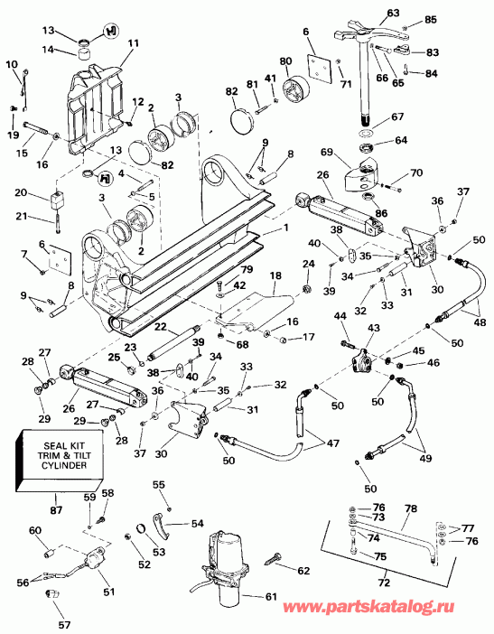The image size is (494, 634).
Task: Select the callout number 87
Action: pos(57,510)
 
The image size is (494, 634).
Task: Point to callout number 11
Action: pos(133,42)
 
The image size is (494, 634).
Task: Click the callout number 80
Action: pos(285,61)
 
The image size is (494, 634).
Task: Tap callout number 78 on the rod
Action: pos(410,509)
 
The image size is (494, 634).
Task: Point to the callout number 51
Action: pos(109,592)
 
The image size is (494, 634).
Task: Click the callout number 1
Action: pos(287,229)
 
